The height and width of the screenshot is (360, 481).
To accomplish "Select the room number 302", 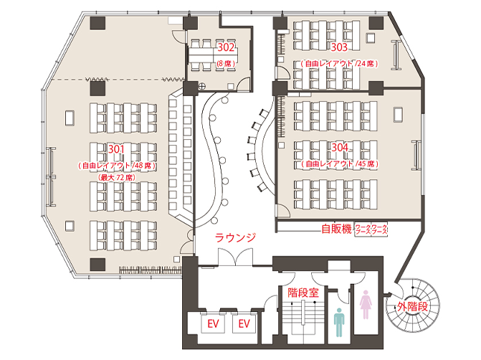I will pos(227,48).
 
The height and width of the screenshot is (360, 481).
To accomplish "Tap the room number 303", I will pos(339,47).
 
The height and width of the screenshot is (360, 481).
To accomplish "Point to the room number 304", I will pos(340,147).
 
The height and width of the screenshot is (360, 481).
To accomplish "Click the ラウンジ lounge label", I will pos(235,237).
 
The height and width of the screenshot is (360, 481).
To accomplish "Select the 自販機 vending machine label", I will pos(336,229).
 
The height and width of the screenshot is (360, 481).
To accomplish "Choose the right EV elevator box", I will pos(244,324).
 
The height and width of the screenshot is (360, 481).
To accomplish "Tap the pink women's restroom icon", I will pos(366,304).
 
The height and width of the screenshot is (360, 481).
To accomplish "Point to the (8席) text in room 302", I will pos(227,64).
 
